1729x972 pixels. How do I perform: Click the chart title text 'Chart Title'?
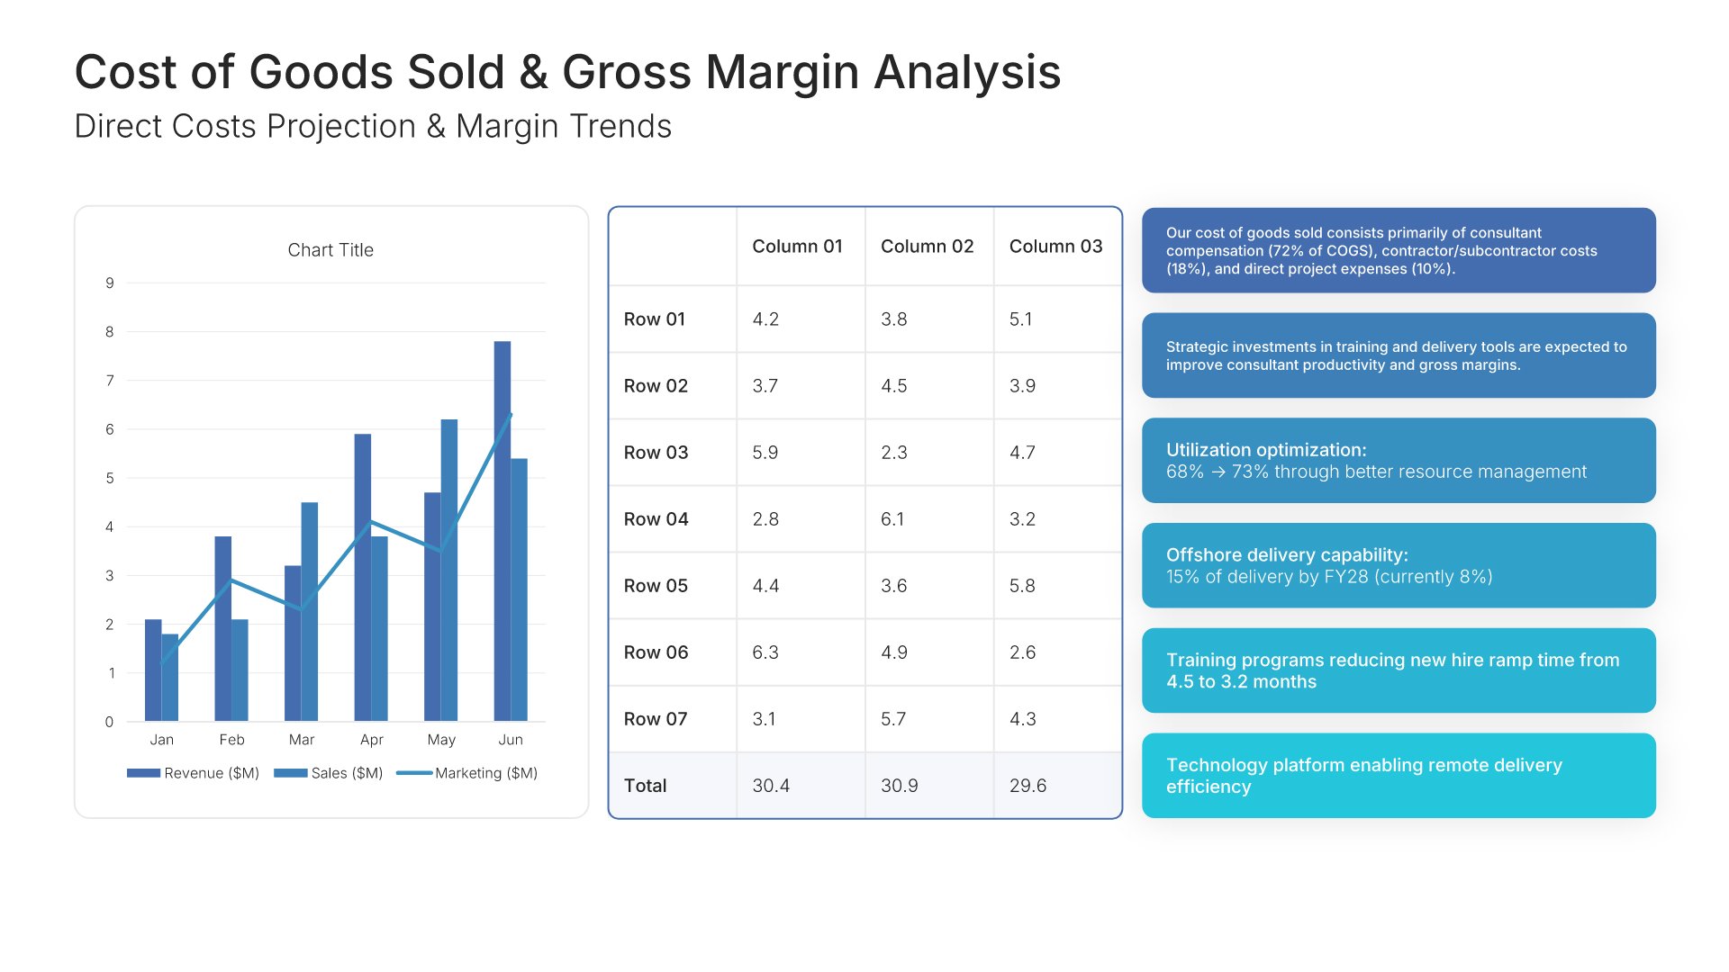click(x=330, y=250)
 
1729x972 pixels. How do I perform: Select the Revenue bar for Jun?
click(x=502, y=531)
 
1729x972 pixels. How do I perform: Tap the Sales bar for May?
click(x=449, y=571)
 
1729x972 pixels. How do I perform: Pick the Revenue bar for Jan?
click(x=153, y=670)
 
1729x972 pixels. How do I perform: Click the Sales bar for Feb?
click(x=240, y=670)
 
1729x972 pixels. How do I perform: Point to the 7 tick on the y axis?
click(x=110, y=381)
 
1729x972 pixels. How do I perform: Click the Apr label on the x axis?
click(x=371, y=740)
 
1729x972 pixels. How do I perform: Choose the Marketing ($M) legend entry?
click(x=467, y=773)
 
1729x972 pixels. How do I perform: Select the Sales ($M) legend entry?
click(x=329, y=773)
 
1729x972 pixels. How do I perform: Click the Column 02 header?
click(x=928, y=247)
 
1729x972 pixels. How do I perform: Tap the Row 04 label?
click(x=656, y=519)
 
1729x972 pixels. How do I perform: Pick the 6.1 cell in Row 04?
click(x=892, y=519)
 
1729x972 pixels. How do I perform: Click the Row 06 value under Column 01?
click(x=765, y=652)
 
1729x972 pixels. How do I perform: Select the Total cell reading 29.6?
click(x=1027, y=786)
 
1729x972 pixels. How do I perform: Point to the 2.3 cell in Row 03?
click(x=894, y=453)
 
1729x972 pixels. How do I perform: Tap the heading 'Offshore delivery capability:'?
click(x=1287, y=555)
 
